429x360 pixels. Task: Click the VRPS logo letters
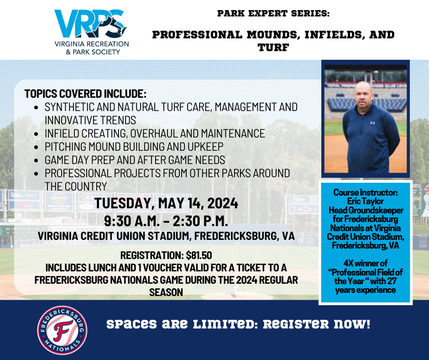(90, 24)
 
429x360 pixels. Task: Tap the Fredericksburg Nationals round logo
(63, 330)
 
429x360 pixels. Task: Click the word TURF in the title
(273, 48)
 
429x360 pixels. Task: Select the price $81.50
(199, 255)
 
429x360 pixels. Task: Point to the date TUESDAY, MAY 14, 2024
(166, 203)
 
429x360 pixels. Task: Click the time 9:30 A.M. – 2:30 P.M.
(166, 221)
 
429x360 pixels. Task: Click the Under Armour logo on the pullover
(372, 123)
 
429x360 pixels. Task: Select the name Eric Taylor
(365, 201)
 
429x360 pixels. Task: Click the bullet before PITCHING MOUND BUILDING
(37, 147)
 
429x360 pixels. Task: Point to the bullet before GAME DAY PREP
(37, 160)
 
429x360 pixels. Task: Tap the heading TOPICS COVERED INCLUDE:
(85, 94)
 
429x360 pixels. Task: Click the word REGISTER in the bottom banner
(296, 324)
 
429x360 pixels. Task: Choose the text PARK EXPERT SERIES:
(273, 13)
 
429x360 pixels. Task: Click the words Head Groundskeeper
(366, 210)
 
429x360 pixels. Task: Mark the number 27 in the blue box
(392, 281)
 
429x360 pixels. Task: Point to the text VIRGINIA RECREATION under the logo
(92, 44)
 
